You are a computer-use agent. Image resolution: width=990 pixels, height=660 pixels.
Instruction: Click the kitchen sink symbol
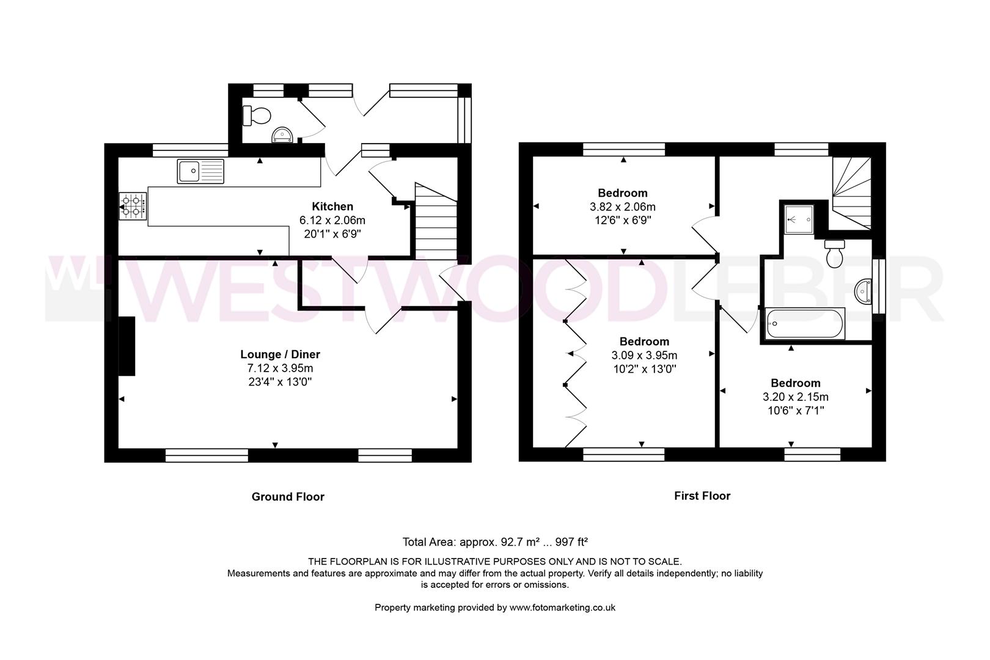(201, 171)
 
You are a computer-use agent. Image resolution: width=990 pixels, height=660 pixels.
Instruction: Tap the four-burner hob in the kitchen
(133, 207)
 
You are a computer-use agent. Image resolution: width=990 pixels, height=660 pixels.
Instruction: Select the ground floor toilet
(256, 115)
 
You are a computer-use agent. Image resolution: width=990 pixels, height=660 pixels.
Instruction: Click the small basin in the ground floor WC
(282, 134)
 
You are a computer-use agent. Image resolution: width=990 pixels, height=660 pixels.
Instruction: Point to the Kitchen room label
(332, 207)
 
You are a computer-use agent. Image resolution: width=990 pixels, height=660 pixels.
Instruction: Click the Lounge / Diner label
(280, 354)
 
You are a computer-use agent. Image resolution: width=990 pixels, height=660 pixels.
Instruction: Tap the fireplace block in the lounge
(127, 346)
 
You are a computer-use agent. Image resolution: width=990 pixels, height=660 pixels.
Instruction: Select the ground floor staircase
(436, 222)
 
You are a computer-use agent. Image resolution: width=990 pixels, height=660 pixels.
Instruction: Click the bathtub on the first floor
(805, 323)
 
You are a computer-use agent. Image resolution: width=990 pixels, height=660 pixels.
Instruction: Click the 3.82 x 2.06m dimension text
(623, 207)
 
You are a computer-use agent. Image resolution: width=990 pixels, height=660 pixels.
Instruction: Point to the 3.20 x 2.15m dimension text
(795, 397)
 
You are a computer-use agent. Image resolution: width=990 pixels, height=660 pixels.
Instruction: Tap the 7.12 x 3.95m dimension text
(280, 369)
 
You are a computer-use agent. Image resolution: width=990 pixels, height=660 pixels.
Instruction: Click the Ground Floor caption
(288, 497)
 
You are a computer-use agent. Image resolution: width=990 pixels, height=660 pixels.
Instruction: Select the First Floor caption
(702, 496)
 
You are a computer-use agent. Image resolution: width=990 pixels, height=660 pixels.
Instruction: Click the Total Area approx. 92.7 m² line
(494, 542)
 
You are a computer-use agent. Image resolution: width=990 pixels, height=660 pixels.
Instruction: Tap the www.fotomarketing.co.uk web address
(562, 608)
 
